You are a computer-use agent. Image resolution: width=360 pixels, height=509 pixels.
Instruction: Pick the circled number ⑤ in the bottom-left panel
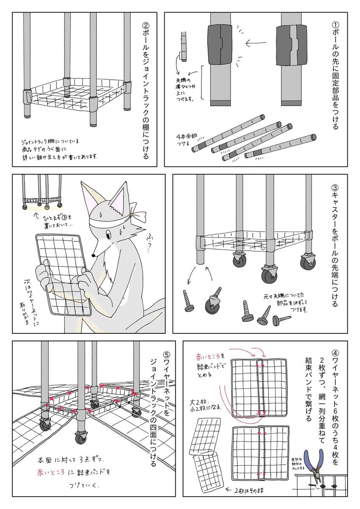coord(166,354)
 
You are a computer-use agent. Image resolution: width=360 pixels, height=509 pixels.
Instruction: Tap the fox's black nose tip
coord(93,255)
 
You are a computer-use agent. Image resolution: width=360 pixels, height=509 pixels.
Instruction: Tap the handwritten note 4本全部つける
coord(186,140)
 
